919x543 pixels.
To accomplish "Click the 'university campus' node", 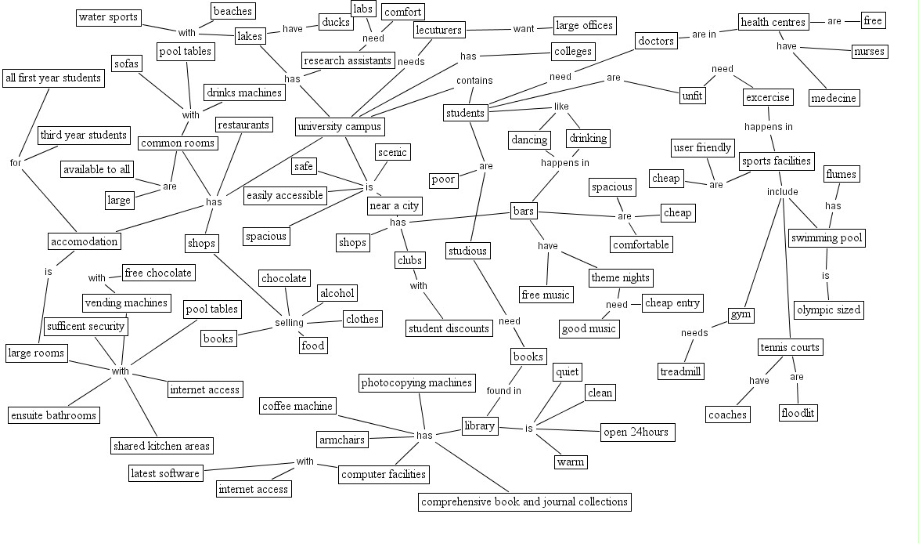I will tap(340, 126).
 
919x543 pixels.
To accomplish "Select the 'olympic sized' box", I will tap(828, 310).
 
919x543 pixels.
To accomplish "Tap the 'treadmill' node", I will tap(679, 371).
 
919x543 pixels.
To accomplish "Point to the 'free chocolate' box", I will tap(158, 273).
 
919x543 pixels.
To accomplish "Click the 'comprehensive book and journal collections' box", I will tap(524, 501).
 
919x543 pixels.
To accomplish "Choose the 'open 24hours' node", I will tap(636, 432).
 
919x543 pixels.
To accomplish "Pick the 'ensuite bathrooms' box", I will tap(54, 415).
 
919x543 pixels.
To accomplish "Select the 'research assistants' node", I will tap(347, 60).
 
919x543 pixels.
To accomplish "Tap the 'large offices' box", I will tap(584, 26).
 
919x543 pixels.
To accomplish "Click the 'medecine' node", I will tap(834, 98).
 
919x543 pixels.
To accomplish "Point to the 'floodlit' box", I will tap(798, 413).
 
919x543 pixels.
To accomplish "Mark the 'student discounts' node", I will tap(449, 328).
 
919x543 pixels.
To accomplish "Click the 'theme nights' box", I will tap(621, 278).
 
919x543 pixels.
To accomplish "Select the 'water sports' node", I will tap(108, 17).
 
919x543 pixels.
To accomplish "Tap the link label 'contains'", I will tap(474, 80).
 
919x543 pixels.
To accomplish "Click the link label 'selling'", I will tap(289, 323).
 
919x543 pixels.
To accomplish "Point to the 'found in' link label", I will tap(503, 390).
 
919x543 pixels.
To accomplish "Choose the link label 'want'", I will tap(523, 30).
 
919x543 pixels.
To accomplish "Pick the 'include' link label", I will tap(782, 191).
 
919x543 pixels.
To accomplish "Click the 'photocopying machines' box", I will tap(417, 383).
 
